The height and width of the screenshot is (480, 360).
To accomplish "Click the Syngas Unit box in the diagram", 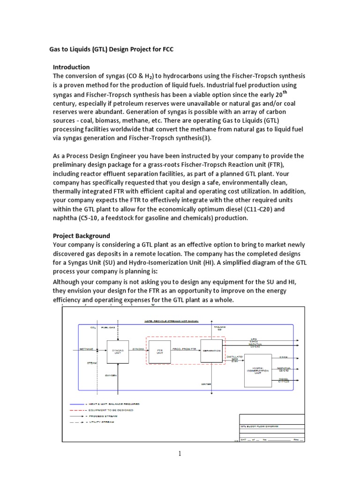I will click(x=118, y=352).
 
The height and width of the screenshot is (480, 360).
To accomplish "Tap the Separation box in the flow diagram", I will click(x=211, y=351).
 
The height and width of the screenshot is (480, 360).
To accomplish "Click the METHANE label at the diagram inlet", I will click(x=86, y=349).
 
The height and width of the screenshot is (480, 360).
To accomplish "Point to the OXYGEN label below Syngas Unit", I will click(x=111, y=375).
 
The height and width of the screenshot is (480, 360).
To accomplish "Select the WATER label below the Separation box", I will click(x=207, y=384).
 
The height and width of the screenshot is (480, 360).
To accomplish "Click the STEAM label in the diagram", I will click(x=92, y=362).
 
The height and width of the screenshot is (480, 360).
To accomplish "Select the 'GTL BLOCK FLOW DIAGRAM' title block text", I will click(x=259, y=427).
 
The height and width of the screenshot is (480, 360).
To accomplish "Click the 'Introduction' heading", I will click(x=71, y=67).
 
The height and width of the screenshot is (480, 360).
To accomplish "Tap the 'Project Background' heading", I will click(x=82, y=236).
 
